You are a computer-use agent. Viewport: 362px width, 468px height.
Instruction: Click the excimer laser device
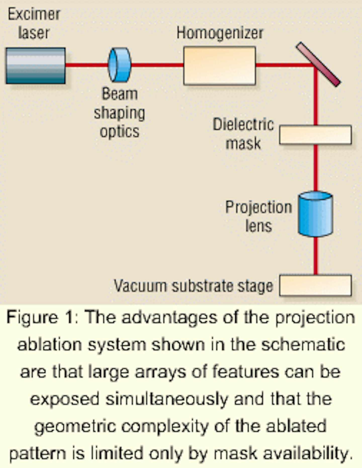[36, 66]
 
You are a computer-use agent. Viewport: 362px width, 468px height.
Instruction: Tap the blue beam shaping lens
[120, 65]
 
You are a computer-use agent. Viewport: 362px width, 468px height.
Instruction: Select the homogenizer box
[219, 66]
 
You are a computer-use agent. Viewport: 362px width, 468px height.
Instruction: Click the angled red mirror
[318, 64]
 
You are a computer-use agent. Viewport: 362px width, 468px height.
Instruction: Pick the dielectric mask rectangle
[315, 135]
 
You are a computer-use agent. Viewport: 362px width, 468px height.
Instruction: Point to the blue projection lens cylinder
[315, 214]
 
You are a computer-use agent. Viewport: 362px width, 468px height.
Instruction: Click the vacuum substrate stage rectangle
[315, 285]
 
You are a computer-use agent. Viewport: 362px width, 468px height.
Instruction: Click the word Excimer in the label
[34, 14]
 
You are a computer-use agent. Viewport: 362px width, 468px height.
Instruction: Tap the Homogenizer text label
[220, 33]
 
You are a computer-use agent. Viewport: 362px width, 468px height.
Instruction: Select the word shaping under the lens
[119, 113]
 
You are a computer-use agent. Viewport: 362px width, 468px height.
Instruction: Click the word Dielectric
[243, 124]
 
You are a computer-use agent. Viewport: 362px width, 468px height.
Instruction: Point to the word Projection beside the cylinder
[258, 207]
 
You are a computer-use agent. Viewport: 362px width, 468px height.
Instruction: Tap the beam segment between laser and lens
[86, 65]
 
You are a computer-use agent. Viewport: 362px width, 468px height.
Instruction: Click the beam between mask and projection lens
[316, 167]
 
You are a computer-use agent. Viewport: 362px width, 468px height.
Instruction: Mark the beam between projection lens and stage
[316, 255]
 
